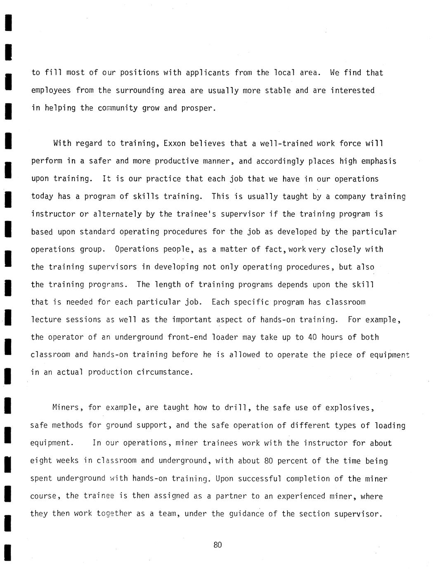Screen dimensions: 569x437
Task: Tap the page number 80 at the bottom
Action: [x=218, y=545]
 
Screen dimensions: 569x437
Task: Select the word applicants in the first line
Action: [x=208, y=73]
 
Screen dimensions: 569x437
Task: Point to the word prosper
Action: [x=198, y=108]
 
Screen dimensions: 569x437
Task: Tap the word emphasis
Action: [x=378, y=161]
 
